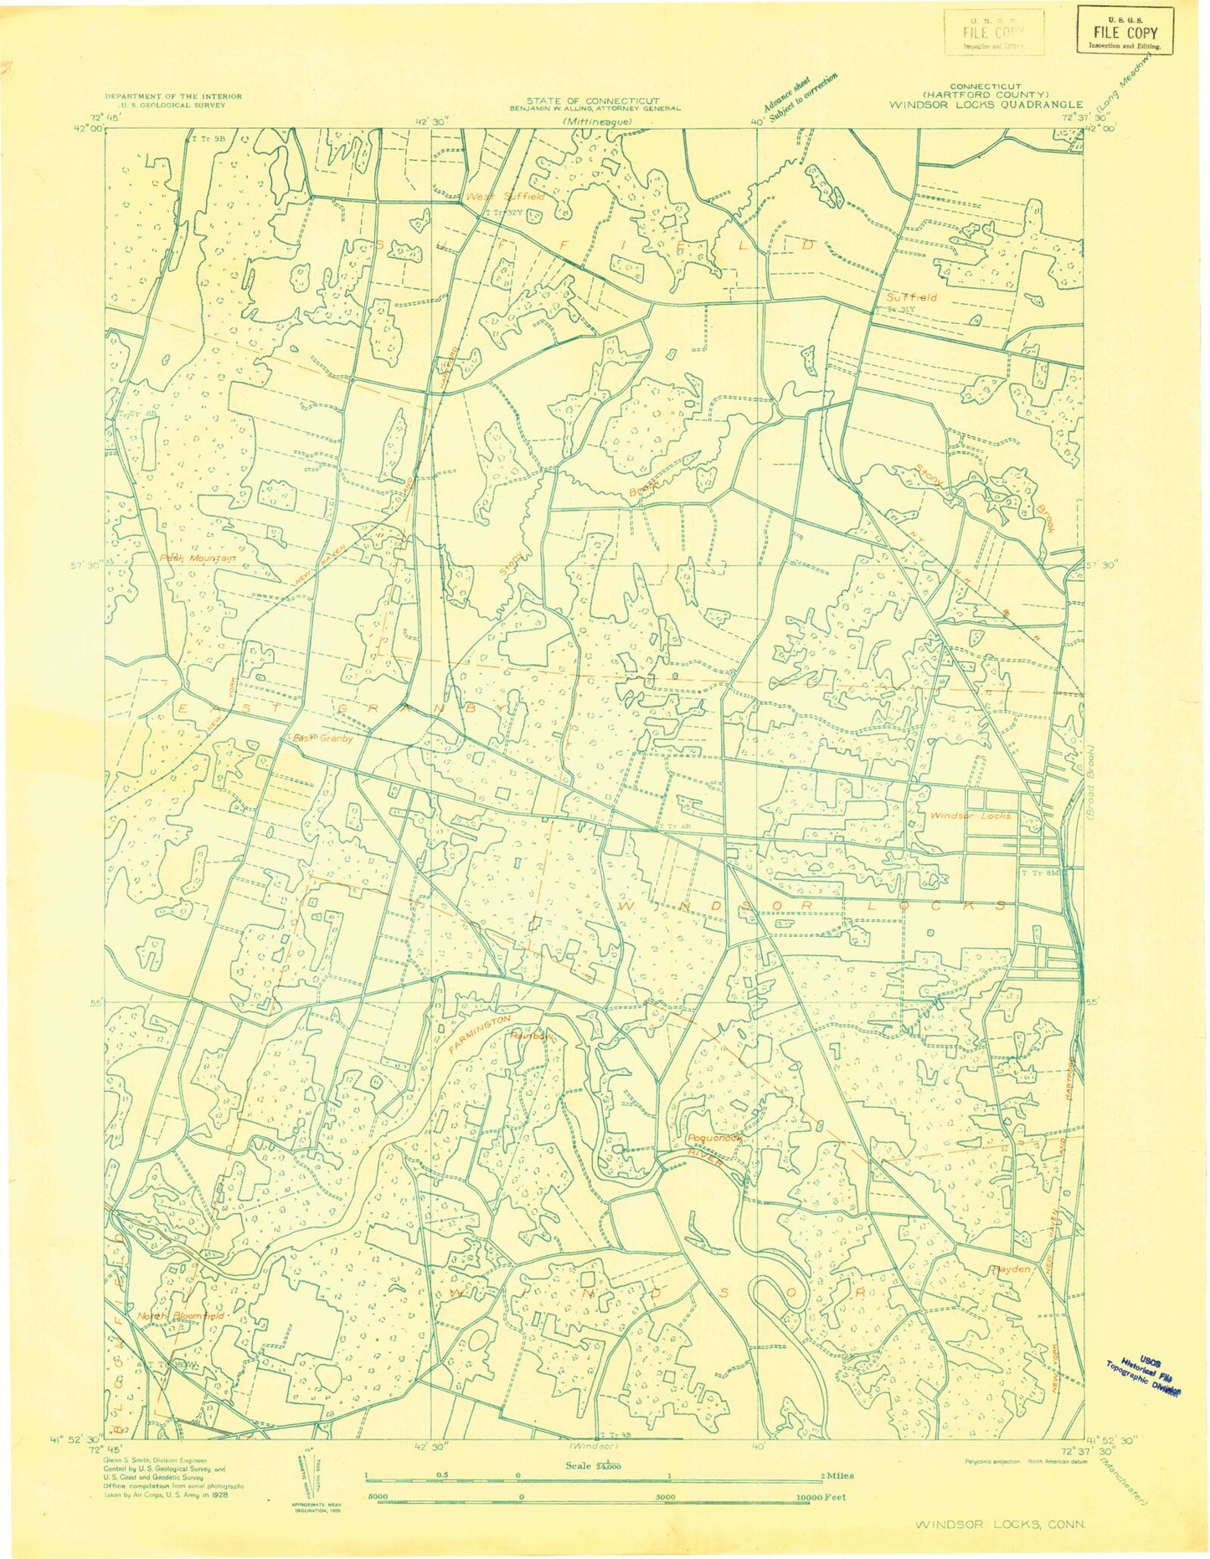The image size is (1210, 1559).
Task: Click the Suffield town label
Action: pyautogui.click(x=912, y=296)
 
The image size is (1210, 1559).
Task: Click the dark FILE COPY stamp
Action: pyautogui.click(x=1125, y=32)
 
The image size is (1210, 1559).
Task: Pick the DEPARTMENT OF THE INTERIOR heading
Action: pyautogui.click(x=173, y=96)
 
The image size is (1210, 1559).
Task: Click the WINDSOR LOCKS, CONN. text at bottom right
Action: pyautogui.click(x=1000, y=1523)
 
